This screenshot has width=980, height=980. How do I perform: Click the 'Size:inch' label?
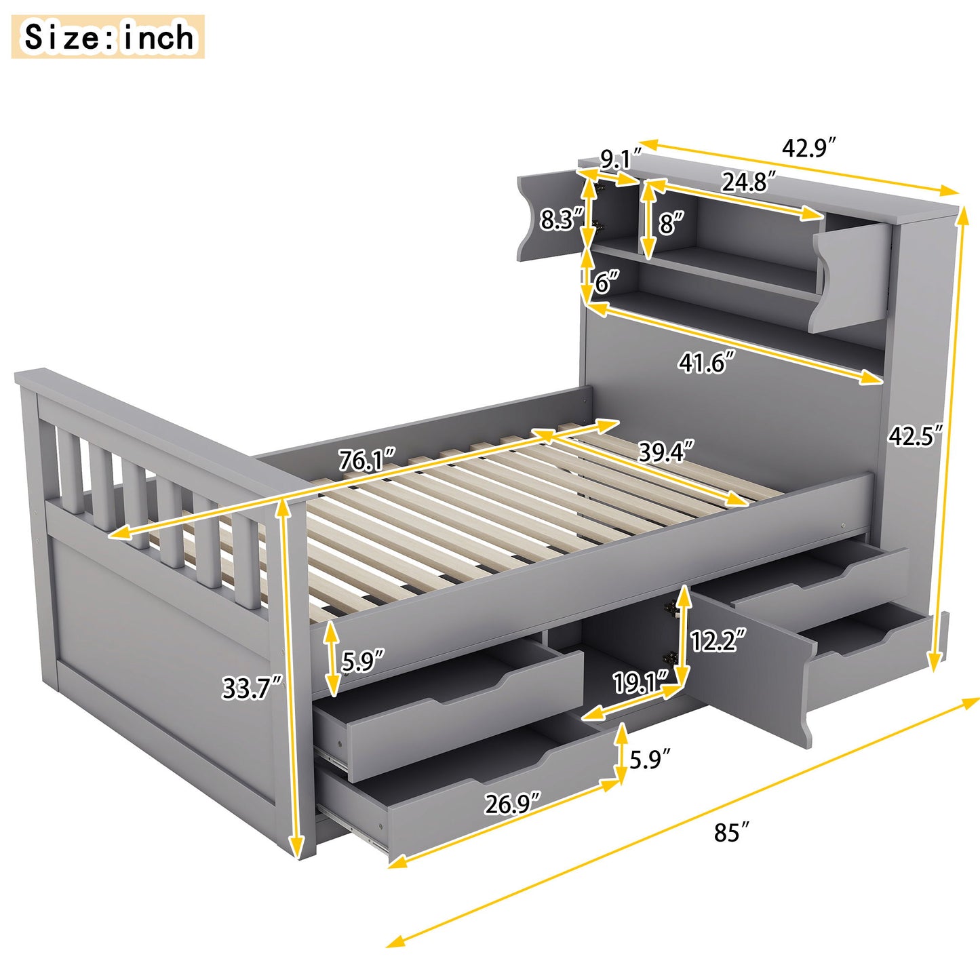pyautogui.click(x=108, y=37)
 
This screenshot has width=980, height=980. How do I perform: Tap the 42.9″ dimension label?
pyautogui.click(x=808, y=148)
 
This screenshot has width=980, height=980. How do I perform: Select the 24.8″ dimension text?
pyautogui.click(x=748, y=182)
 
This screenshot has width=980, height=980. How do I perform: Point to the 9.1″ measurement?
pyautogui.click(x=616, y=160)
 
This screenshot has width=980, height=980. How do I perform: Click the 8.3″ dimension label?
pyautogui.click(x=561, y=220)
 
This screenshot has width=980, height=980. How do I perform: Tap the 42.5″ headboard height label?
pyautogui.click(x=916, y=436)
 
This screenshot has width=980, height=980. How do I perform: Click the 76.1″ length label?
pyautogui.click(x=367, y=461)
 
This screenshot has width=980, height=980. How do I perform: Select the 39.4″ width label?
pyautogui.click(x=666, y=452)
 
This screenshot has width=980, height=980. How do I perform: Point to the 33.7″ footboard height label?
pyautogui.click(x=252, y=688)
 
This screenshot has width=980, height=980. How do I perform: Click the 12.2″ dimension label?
pyautogui.click(x=718, y=640)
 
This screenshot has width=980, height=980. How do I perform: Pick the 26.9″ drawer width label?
pyautogui.click(x=512, y=804)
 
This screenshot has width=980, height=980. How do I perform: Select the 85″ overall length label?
pyautogui.click(x=731, y=832)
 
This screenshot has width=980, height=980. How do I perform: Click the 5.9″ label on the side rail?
pyautogui.click(x=362, y=660)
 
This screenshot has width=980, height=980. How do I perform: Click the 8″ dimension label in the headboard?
pyautogui.click(x=670, y=222)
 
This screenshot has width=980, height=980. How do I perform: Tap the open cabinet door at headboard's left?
pyautogui.click(x=548, y=215)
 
